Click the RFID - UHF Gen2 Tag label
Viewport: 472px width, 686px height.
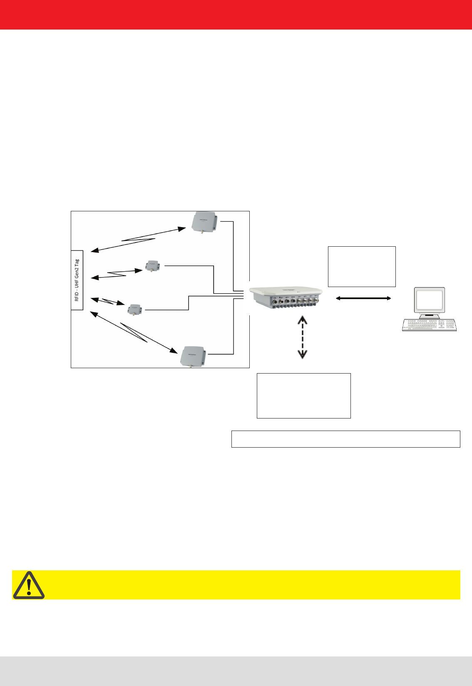tap(77, 280)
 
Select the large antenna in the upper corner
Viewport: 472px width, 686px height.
tap(204, 222)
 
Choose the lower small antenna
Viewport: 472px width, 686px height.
tap(134, 309)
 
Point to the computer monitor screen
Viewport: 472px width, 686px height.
tap(430, 300)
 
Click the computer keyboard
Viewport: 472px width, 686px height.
tap(429, 325)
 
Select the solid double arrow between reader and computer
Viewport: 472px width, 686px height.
tap(363, 298)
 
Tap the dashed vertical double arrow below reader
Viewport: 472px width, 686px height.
tap(302, 337)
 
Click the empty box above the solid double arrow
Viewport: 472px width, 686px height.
tap(362, 267)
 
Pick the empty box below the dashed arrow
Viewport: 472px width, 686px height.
tap(304, 396)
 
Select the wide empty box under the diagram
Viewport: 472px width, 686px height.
tap(345, 439)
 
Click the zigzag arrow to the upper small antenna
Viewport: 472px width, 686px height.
tap(117, 274)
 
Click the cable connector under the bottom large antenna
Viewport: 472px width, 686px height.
tap(191, 366)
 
